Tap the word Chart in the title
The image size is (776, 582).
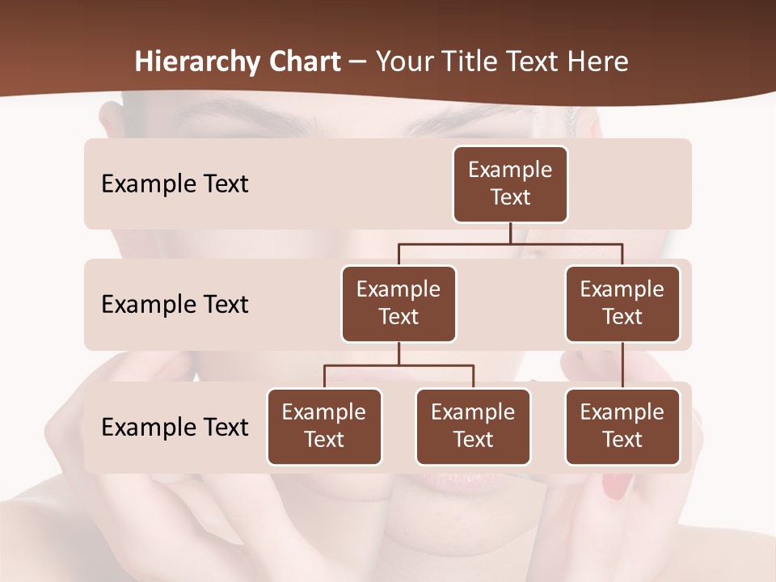point(302,61)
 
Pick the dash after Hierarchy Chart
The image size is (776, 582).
point(359,62)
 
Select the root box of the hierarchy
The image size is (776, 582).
point(510,183)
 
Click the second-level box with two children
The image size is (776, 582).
point(399,303)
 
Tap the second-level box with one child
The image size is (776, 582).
point(622,303)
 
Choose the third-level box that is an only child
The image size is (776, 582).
point(622,426)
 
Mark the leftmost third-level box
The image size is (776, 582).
point(324,426)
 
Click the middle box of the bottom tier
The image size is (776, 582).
point(473,426)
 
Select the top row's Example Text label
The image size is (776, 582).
point(175,183)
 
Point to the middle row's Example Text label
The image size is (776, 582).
point(175,304)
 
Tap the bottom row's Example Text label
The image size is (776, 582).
point(175,427)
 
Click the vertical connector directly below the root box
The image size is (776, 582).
point(510,233)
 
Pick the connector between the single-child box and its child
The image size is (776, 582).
point(622,365)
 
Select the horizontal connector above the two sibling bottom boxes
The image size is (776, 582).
point(399,365)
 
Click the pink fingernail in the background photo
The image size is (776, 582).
point(618,486)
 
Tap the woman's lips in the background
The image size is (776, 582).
point(466,480)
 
